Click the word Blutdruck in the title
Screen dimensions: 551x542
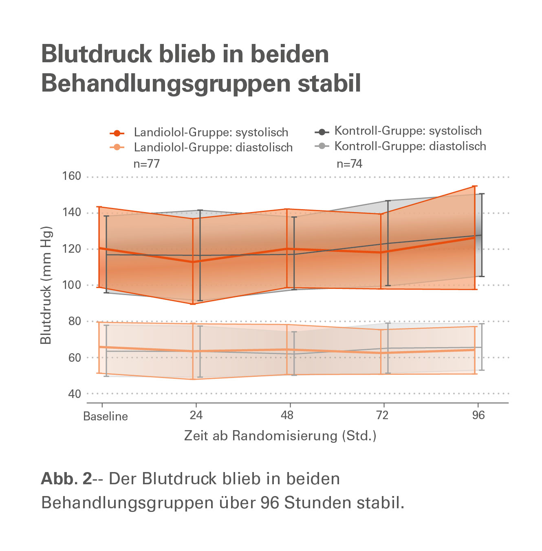point(96,54)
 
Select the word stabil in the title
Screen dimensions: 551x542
point(329,83)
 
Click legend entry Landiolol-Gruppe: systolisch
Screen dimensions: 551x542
point(211,133)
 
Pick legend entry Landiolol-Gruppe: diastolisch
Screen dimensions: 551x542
point(213,147)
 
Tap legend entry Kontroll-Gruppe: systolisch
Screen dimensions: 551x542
point(408,131)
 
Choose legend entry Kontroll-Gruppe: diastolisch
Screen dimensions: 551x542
point(410,146)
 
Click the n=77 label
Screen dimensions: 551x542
point(147,164)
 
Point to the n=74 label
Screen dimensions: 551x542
point(349,164)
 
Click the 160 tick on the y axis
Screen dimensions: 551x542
point(72,176)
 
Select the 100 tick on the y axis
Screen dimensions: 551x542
point(72,285)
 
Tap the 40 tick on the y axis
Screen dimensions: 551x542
point(74,394)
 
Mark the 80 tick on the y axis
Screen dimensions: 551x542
point(74,321)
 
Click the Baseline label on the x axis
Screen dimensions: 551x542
point(106,416)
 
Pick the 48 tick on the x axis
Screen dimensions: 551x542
point(287,415)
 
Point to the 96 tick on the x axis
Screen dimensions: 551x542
point(478,415)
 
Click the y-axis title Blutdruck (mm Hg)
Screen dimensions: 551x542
point(46,285)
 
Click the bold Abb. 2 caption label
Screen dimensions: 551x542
point(66,479)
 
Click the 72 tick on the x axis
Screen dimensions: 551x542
point(382,415)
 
